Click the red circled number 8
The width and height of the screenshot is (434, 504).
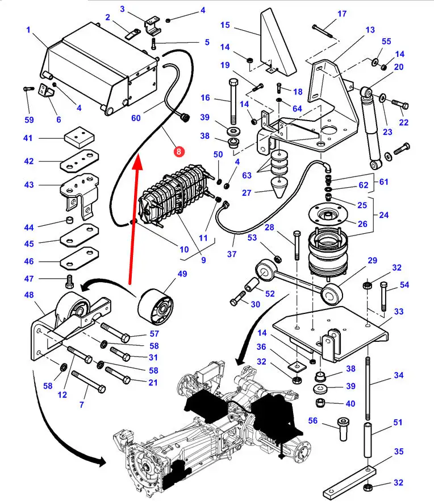[178, 151]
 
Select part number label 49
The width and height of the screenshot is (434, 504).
[182, 274]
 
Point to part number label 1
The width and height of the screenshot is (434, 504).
[28, 28]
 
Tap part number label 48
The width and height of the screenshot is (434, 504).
[28, 295]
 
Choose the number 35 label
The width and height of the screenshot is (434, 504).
[398, 452]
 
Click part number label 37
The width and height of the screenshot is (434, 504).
[231, 254]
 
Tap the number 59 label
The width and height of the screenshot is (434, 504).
[29, 119]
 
